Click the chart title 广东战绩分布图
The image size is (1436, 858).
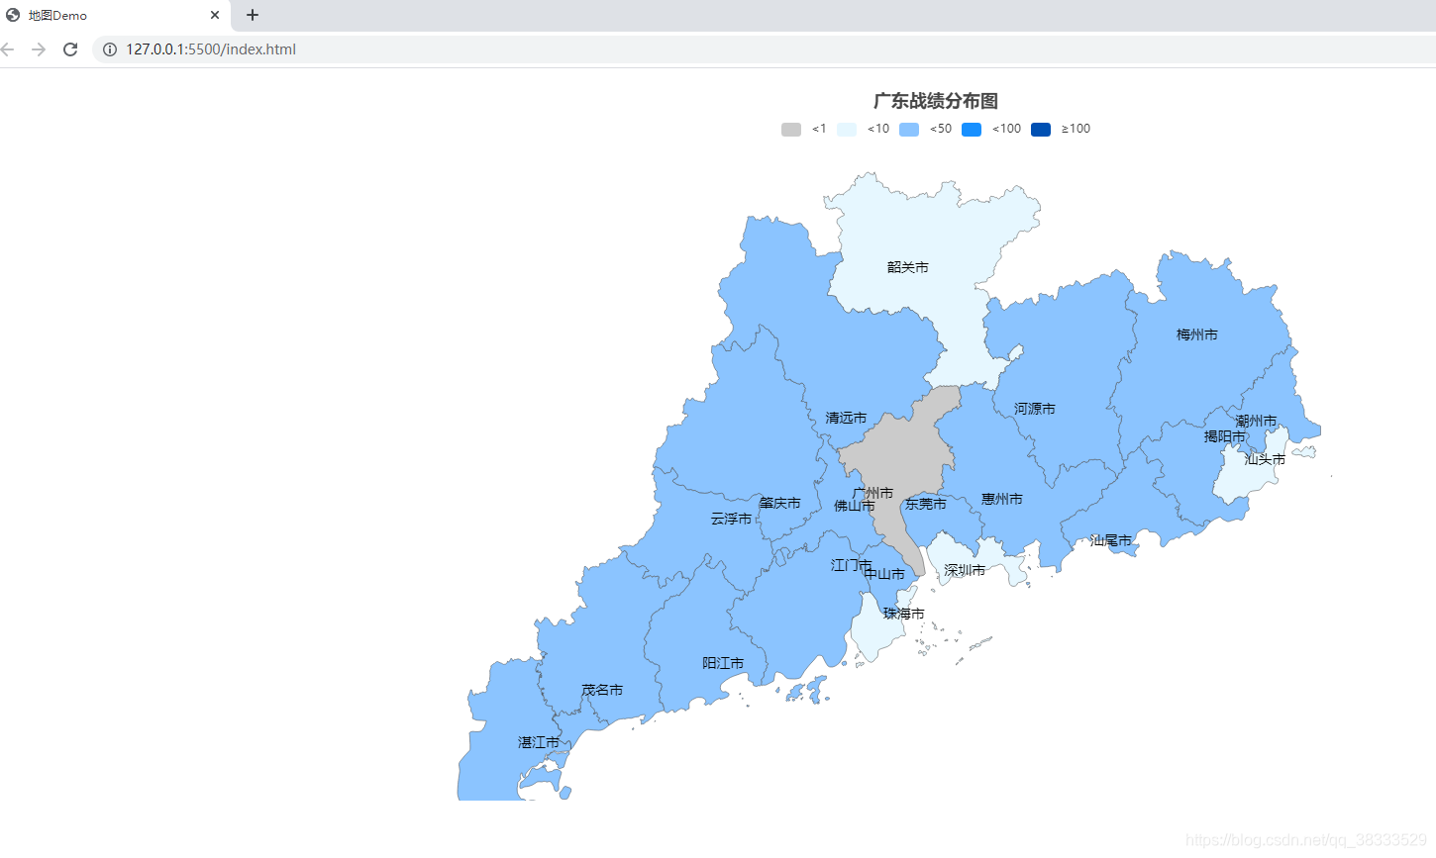pyautogui.click(x=935, y=101)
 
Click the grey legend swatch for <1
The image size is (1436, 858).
pyautogui.click(x=791, y=130)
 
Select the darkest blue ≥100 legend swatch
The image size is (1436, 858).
pyautogui.click(x=1040, y=130)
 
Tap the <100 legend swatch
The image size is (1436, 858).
pyautogui.click(x=972, y=130)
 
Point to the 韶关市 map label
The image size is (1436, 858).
pyautogui.click(x=907, y=267)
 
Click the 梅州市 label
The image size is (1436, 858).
pyautogui.click(x=1196, y=334)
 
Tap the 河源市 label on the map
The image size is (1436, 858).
pyautogui.click(x=1034, y=409)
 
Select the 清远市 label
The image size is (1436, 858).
pyautogui.click(x=846, y=418)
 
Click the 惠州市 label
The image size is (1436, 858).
pyautogui.click(x=1001, y=499)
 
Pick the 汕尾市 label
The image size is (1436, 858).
pyautogui.click(x=1110, y=540)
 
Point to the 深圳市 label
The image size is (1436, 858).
pyautogui.click(x=964, y=570)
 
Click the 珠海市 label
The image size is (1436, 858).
pyautogui.click(x=903, y=614)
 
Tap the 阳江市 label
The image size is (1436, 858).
pyautogui.click(x=722, y=663)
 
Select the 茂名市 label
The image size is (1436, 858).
pyautogui.click(x=602, y=690)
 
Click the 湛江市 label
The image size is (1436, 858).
pyautogui.click(x=538, y=742)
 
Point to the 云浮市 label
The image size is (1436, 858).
pyautogui.click(x=731, y=519)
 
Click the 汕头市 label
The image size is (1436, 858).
pyautogui.click(x=1265, y=459)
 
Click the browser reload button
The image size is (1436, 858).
pyautogui.click(x=70, y=49)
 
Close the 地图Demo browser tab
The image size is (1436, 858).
pyautogui.click(x=215, y=15)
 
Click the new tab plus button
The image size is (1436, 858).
pyautogui.click(x=253, y=15)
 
